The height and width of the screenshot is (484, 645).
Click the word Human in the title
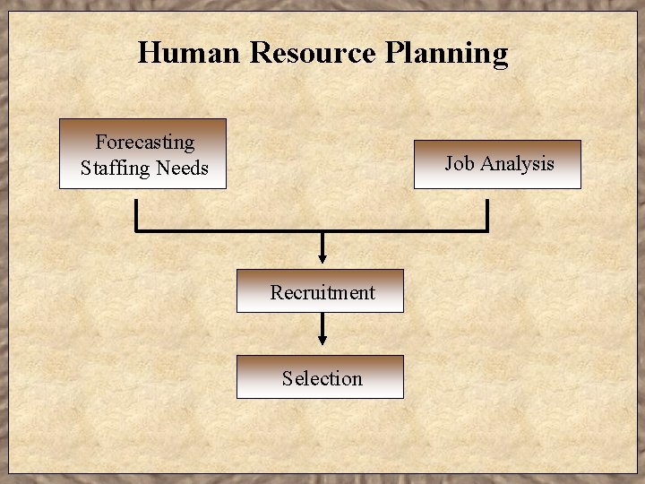[189, 53]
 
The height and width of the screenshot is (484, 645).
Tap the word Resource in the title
[313, 53]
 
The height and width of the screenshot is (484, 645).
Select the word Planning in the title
[446, 54]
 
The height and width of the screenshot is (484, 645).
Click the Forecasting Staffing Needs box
[143, 154]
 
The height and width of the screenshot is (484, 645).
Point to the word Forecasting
[144, 142]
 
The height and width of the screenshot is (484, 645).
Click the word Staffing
[114, 168]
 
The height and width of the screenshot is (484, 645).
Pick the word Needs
[182, 168]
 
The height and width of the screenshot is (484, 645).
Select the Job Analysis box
[497, 164]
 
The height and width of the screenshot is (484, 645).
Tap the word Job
[460, 163]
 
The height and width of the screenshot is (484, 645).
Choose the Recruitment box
[320, 291]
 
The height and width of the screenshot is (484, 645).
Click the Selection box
[320, 377]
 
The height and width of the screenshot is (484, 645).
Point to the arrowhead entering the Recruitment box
[322, 261]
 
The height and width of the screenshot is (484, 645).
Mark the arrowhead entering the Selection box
[322, 341]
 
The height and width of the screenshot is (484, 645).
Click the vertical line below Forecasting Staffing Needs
[136, 215]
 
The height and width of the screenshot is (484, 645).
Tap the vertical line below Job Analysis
[486, 215]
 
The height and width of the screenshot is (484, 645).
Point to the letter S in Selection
[287, 378]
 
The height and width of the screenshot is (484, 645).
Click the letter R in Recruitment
[277, 292]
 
